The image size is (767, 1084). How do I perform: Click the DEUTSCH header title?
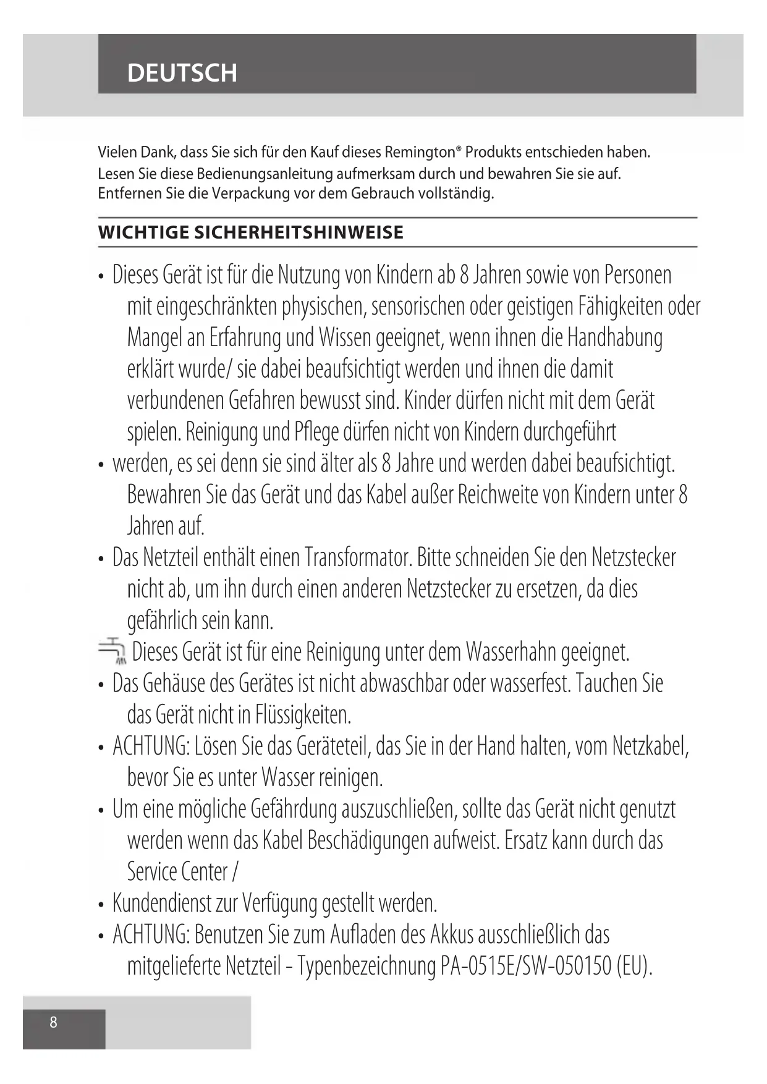[x=182, y=73]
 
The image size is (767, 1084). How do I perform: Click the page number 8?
[x=53, y=1022]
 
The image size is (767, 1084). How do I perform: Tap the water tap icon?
[x=112, y=650]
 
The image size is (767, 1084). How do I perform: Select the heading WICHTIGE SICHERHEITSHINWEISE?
[x=250, y=232]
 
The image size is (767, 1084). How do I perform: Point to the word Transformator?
[x=358, y=557]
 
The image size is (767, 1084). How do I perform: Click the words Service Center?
[x=177, y=871]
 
